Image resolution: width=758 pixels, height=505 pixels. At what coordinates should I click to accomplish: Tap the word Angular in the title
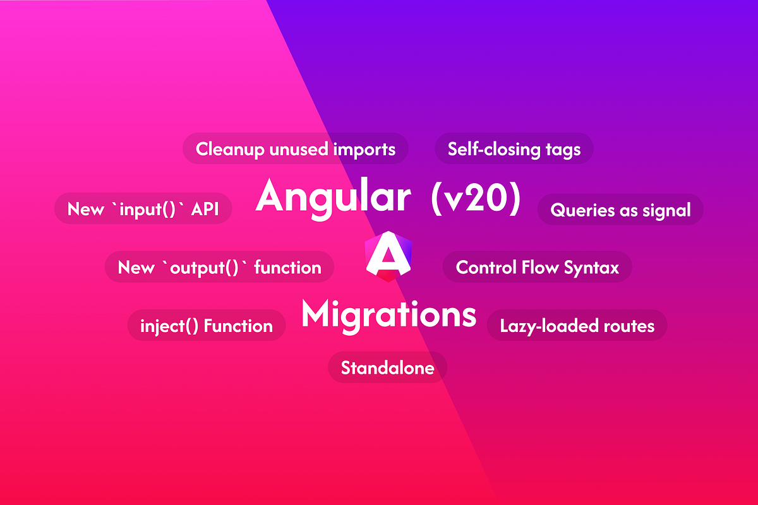point(332,197)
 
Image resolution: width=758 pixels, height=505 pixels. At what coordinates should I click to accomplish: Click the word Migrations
point(388,314)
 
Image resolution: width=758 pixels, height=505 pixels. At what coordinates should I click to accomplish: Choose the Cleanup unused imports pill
point(296,149)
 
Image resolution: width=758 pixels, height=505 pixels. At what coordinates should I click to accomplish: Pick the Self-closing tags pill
point(514,149)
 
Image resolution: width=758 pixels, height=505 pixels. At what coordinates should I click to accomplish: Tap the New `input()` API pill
point(143,209)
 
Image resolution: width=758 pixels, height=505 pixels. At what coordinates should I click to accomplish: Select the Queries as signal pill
point(620,210)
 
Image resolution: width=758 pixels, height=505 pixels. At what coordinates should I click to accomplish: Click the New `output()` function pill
point(219,267)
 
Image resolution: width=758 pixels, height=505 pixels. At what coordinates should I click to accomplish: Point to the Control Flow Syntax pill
point(538,267)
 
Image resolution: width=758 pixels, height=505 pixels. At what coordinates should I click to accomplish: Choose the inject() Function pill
point(207,326)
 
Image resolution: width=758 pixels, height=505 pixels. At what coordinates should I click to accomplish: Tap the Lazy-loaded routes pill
point(577,326)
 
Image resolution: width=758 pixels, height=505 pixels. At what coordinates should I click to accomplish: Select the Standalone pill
point(387,367)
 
